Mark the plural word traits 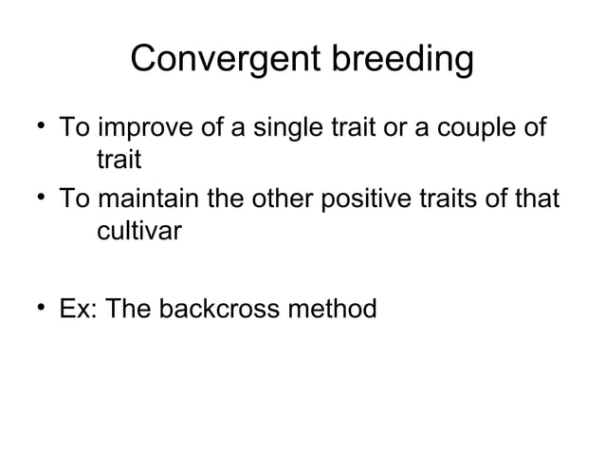[x=443, y=200]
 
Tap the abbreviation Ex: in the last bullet [x=78, y=310]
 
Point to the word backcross [x=224, y=310]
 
